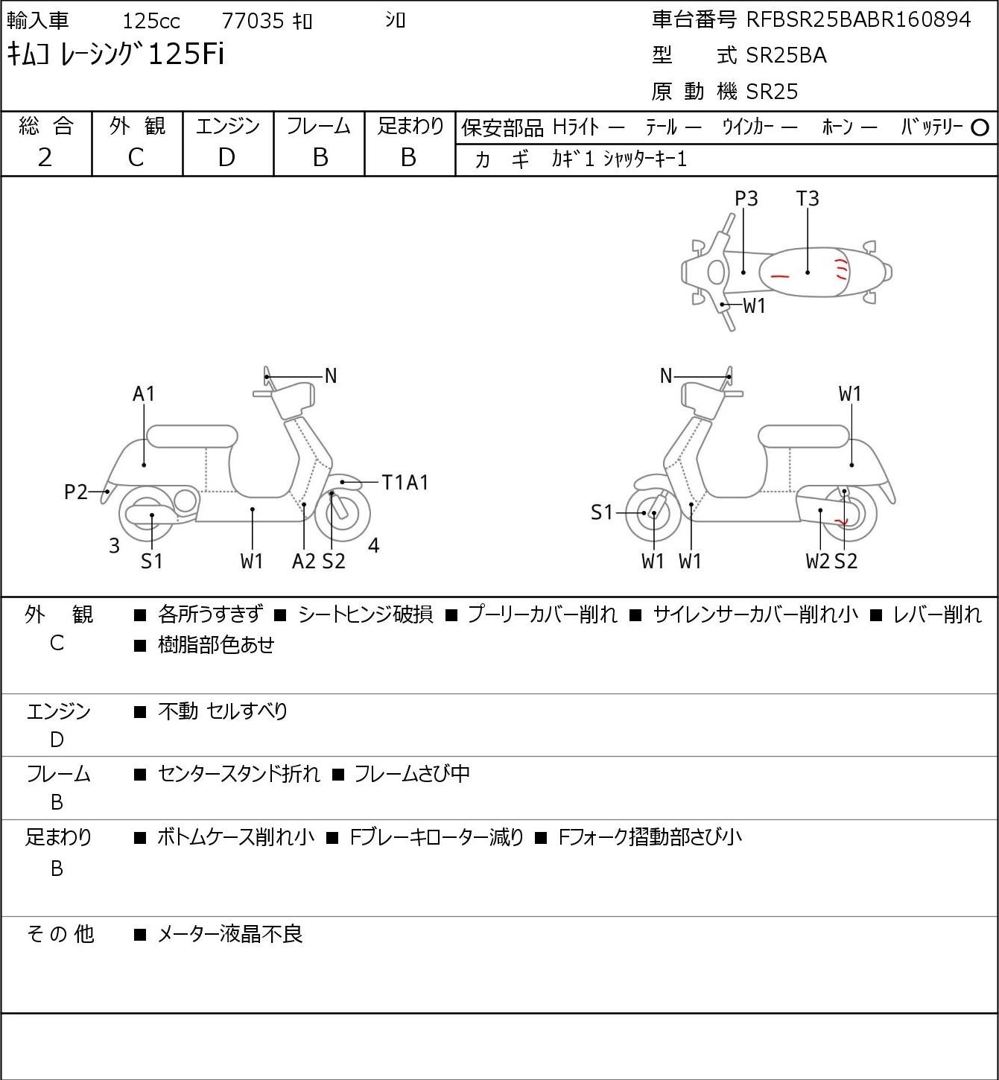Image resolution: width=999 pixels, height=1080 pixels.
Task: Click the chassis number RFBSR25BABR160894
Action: pos(858,20)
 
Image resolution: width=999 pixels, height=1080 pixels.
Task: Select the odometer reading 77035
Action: pos(253,21)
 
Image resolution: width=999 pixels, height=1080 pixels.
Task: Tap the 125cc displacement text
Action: pos(151,21)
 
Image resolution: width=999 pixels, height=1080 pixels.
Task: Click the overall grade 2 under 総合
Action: pos(45,157)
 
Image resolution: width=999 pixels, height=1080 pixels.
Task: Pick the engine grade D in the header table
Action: pos(226,157)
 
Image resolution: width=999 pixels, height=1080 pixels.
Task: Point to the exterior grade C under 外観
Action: pos(136,157)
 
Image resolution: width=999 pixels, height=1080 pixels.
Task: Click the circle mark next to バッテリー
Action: pos(980,127)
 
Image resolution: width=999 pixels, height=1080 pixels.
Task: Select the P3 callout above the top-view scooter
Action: pos(746,198)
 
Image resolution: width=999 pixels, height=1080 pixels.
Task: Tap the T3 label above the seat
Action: pos(808,198)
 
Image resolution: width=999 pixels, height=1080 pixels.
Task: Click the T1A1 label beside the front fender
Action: pos(405,483)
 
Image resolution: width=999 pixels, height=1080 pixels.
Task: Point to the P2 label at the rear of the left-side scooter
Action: pos(76,492)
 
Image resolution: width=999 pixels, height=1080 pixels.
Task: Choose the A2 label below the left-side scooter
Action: pos(304,561)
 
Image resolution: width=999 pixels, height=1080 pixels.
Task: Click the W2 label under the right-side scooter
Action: pos(817,561)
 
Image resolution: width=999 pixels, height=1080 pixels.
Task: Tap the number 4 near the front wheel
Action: pos(373,545)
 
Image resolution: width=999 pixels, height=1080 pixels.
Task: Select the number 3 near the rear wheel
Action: pos(114,545)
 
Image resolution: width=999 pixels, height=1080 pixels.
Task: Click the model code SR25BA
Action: pos(786,55)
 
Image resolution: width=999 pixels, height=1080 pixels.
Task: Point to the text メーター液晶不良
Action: pos(229,934)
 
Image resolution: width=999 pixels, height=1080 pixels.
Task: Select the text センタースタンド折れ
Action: pos(239,773)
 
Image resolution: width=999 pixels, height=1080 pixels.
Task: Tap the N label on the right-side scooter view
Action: pos(666,376)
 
